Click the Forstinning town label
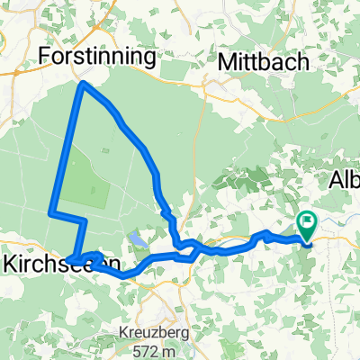coord(98,57)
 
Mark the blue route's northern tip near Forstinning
coord(84,84)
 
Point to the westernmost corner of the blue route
coord(50,212)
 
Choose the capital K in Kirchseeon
coord(11,263)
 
